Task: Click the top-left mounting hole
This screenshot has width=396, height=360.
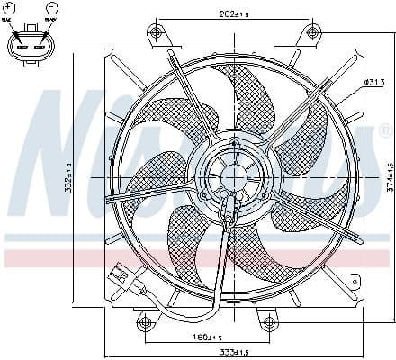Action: tap(156, 34)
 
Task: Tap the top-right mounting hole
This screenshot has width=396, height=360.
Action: tap(312, 34)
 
